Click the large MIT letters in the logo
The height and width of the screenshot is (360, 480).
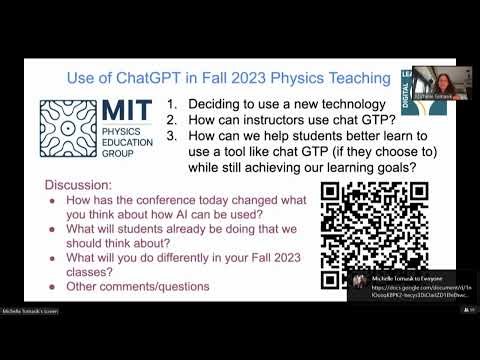(x=131, y=113)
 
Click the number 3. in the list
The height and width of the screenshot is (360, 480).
(x=171, y=136)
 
